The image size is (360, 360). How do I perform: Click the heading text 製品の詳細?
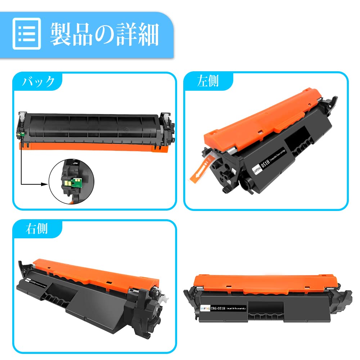coord(104,34)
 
